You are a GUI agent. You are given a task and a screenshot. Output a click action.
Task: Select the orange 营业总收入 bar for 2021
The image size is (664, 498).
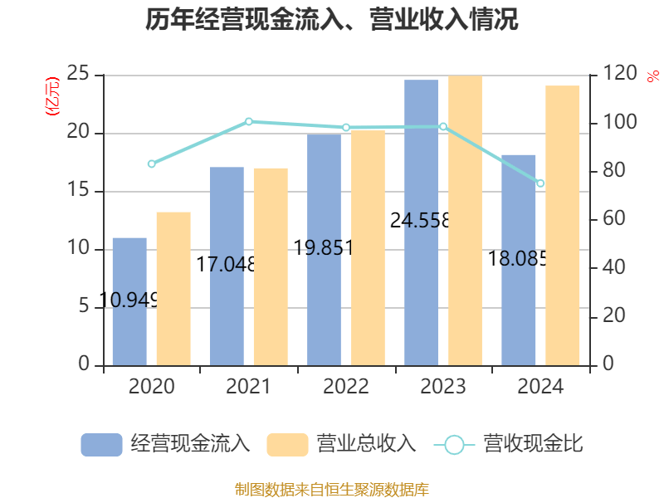[x=271, y=266]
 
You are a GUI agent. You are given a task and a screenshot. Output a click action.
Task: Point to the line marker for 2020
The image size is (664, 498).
[x=151, y=164]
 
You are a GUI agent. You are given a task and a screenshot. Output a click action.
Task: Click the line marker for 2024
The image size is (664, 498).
[x=540, y=183]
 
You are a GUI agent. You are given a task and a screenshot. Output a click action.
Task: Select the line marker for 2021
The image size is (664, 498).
[x=249, y=122]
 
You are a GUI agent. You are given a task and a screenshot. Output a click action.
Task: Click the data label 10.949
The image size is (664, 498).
[x=129, y=300]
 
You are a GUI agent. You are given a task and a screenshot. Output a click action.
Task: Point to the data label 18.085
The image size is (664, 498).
[x=518, y=259]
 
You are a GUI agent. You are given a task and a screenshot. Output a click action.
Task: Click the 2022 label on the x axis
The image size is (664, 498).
[x=346, y=387]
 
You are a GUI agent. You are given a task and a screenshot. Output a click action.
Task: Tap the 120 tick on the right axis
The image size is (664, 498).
[x=619, y=75]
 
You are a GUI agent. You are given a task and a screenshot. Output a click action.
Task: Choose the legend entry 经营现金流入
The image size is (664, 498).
[x=166, y=444]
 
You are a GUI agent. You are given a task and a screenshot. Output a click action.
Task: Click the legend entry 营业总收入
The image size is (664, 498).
[x=341, y=444]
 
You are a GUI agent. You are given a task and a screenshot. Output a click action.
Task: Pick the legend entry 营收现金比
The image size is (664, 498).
[x=509, y=444]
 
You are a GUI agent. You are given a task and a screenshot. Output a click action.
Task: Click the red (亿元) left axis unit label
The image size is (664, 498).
[x=53, y=96]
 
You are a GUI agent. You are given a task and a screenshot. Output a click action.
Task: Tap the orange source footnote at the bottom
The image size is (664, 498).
[x=332, y=489]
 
